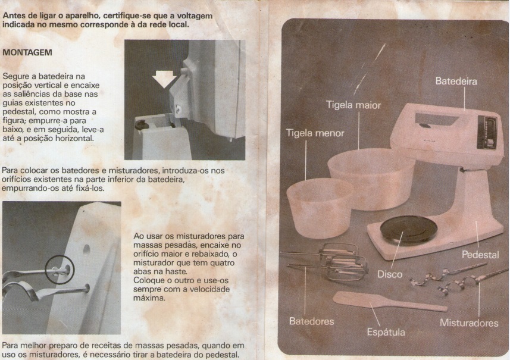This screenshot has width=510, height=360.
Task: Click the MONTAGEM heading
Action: [27, 52]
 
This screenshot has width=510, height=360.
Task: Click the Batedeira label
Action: [456, 81]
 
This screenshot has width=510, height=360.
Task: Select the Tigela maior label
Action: [353, 105]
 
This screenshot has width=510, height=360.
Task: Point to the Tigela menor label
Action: [315, 133]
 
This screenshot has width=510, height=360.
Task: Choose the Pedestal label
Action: [480, 255]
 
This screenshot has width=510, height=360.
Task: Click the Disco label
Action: [390, 274]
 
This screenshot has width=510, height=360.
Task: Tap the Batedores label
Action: [311, 321]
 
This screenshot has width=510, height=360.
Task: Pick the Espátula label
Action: [386, 332]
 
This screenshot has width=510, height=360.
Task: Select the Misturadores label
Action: [469, 323]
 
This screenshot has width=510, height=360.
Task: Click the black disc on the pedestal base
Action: [408, 230]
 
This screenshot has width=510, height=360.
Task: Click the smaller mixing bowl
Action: [320, 208]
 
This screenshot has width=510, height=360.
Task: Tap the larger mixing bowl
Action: [371, 179]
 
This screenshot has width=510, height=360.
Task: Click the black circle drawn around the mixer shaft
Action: [60, 270]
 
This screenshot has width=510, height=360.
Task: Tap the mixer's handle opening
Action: [437, 120]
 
